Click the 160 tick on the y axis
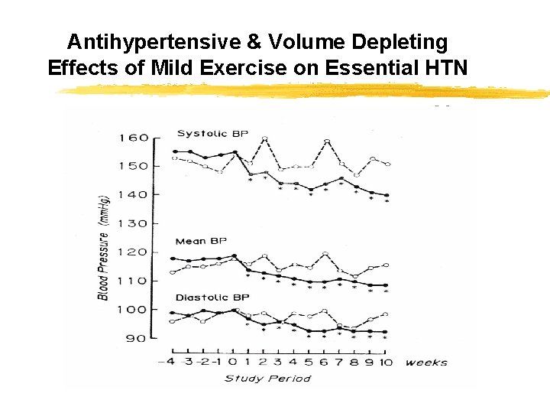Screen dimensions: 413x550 [133, 138]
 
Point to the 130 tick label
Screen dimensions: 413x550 [133, 224]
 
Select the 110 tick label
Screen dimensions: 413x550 [133, 281]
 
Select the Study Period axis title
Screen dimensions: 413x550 [267, 378]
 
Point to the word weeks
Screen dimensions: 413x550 [426, 362]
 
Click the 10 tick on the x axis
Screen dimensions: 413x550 [386, 362]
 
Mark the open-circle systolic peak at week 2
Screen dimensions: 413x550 [265, 138]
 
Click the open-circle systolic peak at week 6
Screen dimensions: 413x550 [326, 141]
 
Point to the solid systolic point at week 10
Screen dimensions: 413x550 [387, 195]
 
